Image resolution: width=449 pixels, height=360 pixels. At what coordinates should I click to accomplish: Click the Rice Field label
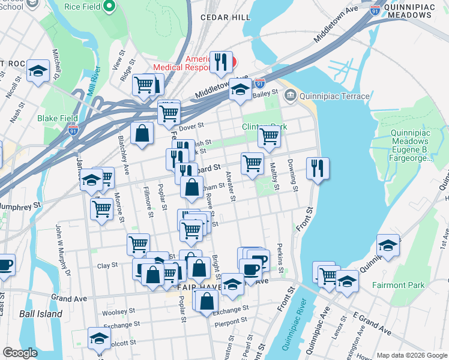point(82,7)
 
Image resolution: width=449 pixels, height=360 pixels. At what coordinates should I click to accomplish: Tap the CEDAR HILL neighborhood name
point(225,17)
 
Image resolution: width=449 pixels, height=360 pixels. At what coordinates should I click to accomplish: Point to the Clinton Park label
point(264,127)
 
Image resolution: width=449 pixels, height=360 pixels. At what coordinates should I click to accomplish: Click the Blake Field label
point(56,118)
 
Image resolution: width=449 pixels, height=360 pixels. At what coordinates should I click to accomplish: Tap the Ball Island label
point(40,314)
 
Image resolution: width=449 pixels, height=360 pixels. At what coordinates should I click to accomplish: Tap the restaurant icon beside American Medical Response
point(221,61)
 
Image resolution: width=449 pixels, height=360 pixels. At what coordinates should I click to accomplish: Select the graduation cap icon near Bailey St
point(241,90)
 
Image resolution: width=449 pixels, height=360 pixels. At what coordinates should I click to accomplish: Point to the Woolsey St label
point(119,312)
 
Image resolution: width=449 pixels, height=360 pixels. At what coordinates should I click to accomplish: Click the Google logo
point(20,353)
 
